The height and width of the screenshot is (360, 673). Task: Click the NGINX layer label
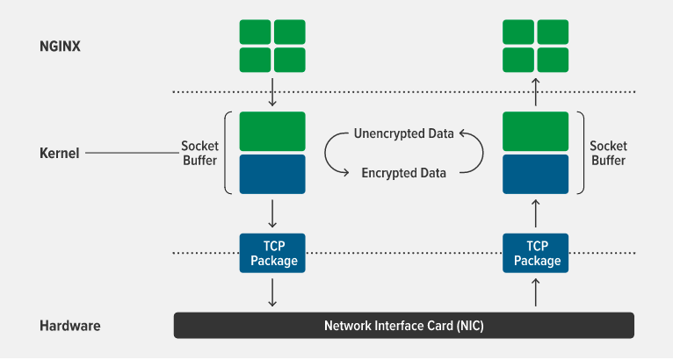click(x=61, y=45)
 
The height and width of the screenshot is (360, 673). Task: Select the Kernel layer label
click(x=60, y=153)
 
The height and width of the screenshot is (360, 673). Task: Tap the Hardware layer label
click(x=70, y=326)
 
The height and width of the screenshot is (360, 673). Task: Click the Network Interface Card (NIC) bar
click(x=403, y=326)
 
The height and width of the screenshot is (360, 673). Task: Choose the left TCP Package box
click(x=272, y=254)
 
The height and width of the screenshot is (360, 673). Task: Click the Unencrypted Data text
click(x=403, y=134)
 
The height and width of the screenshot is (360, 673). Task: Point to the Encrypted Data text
click(x=403, y=173)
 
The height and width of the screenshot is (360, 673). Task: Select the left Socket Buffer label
click(x=199, y=153)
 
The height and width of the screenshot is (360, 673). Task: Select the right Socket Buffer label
click(x=608, y=153)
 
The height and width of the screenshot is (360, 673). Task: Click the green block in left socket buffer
click(x=272, y=132)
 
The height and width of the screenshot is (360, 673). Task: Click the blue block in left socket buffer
click(x=272, y=174)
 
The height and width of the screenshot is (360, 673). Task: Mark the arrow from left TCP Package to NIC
click(x=272, y=292)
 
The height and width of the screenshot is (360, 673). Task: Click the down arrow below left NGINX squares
click(x=272, y=92)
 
